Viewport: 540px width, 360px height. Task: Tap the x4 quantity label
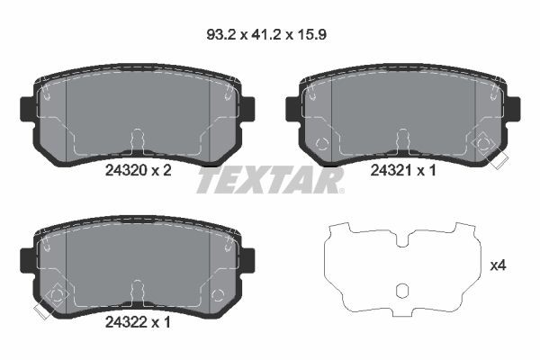(498, 265)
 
